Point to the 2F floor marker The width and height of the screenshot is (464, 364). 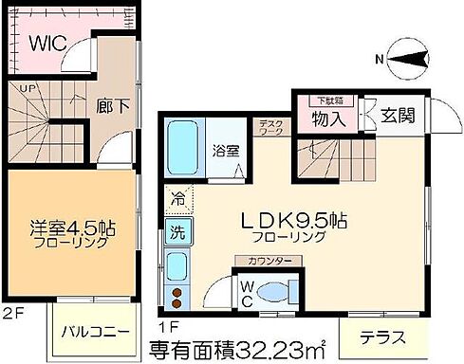click(x=12, y=311)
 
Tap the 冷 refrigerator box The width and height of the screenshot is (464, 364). click(x=177, y=199)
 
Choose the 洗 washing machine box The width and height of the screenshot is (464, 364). click(x=177, y=229)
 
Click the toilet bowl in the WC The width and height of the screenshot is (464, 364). click(x=278, y=291)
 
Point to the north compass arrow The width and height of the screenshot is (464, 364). click(x=406, y=61)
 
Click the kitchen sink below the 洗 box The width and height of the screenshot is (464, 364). click(x=176, y=267)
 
